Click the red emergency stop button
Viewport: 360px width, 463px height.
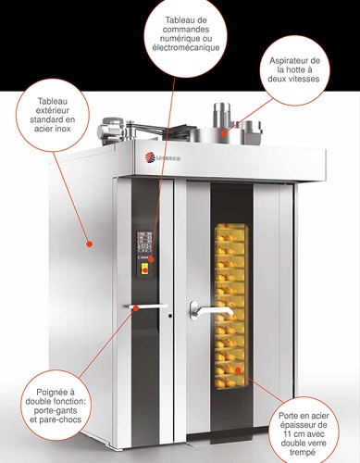144,269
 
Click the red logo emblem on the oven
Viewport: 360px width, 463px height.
150,157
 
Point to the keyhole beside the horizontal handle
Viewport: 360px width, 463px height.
170,316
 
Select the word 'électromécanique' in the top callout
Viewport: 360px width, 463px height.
186,47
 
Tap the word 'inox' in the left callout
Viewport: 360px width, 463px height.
61,129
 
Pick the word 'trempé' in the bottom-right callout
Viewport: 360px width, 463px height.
303,453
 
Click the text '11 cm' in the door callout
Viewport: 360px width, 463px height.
292,434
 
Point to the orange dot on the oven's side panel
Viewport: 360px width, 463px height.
89,244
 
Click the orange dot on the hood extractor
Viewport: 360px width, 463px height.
223,133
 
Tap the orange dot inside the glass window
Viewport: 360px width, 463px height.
238,369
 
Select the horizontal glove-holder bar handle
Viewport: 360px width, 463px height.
146,307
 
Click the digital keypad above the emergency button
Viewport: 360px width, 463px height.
144,244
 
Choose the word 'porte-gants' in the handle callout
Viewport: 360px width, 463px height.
56,411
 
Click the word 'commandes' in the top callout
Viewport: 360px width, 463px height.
186,30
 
